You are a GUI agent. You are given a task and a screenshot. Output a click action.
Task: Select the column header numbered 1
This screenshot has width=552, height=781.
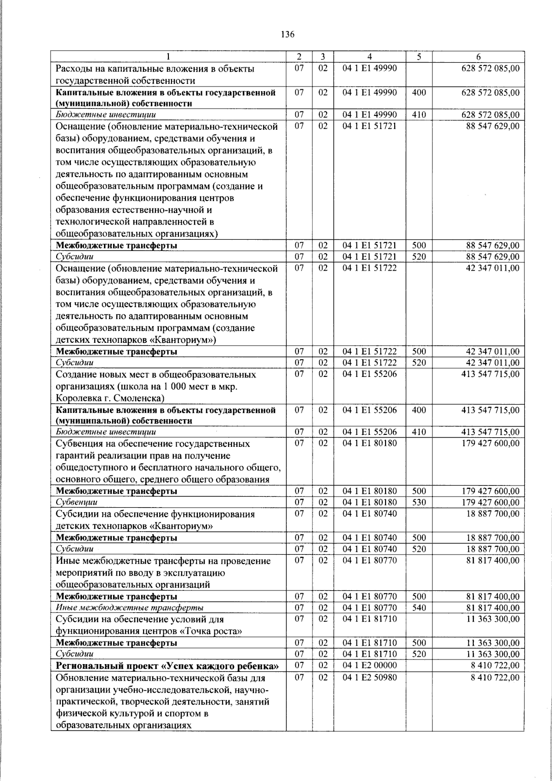click(168, 57)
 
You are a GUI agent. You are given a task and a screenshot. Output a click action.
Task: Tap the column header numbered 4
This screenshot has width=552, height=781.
click(369, 57)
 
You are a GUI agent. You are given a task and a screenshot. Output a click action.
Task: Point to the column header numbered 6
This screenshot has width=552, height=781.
click(478, 57)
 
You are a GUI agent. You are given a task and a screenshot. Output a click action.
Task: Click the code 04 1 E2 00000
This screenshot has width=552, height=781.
click(369, 665)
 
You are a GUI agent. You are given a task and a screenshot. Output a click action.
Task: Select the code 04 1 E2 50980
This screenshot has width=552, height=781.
click(369, 677)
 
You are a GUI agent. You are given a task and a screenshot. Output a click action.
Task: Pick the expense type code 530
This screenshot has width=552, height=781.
click(419, 502)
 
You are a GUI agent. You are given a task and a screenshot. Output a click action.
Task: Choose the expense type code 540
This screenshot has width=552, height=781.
click(419, 608)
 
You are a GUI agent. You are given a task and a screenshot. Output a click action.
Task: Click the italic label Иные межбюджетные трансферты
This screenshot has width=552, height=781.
click(130, 608)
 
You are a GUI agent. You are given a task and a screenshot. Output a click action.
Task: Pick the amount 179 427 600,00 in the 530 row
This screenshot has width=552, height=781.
click(490, 502)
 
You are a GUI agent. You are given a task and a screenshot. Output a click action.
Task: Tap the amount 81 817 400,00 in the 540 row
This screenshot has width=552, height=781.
click(493, 608)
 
